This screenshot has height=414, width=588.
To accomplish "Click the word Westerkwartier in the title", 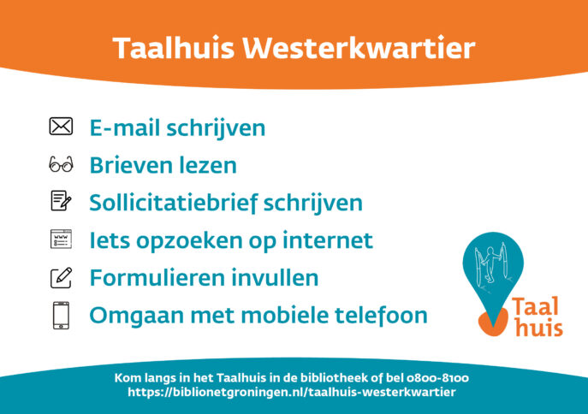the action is click(x=359, y=48).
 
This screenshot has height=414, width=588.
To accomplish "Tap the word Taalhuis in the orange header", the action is click(x=173, y=48).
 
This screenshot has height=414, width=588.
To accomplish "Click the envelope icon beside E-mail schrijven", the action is click(x=61, y=127).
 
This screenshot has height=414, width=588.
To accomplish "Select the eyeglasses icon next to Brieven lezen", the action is click(x=61, y=164).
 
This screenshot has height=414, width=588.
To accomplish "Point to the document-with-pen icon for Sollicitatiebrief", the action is click(x=61, y=201).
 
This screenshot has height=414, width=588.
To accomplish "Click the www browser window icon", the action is click(x=61, y=239).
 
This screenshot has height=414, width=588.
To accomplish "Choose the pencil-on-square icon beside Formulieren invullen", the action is click(x=61, y=278).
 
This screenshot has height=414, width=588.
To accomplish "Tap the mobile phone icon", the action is click(x=61, y=316).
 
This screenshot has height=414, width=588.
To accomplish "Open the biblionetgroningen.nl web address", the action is click(x=292, y=393).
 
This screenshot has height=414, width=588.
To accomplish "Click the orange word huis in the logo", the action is click(x=539, y=328).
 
